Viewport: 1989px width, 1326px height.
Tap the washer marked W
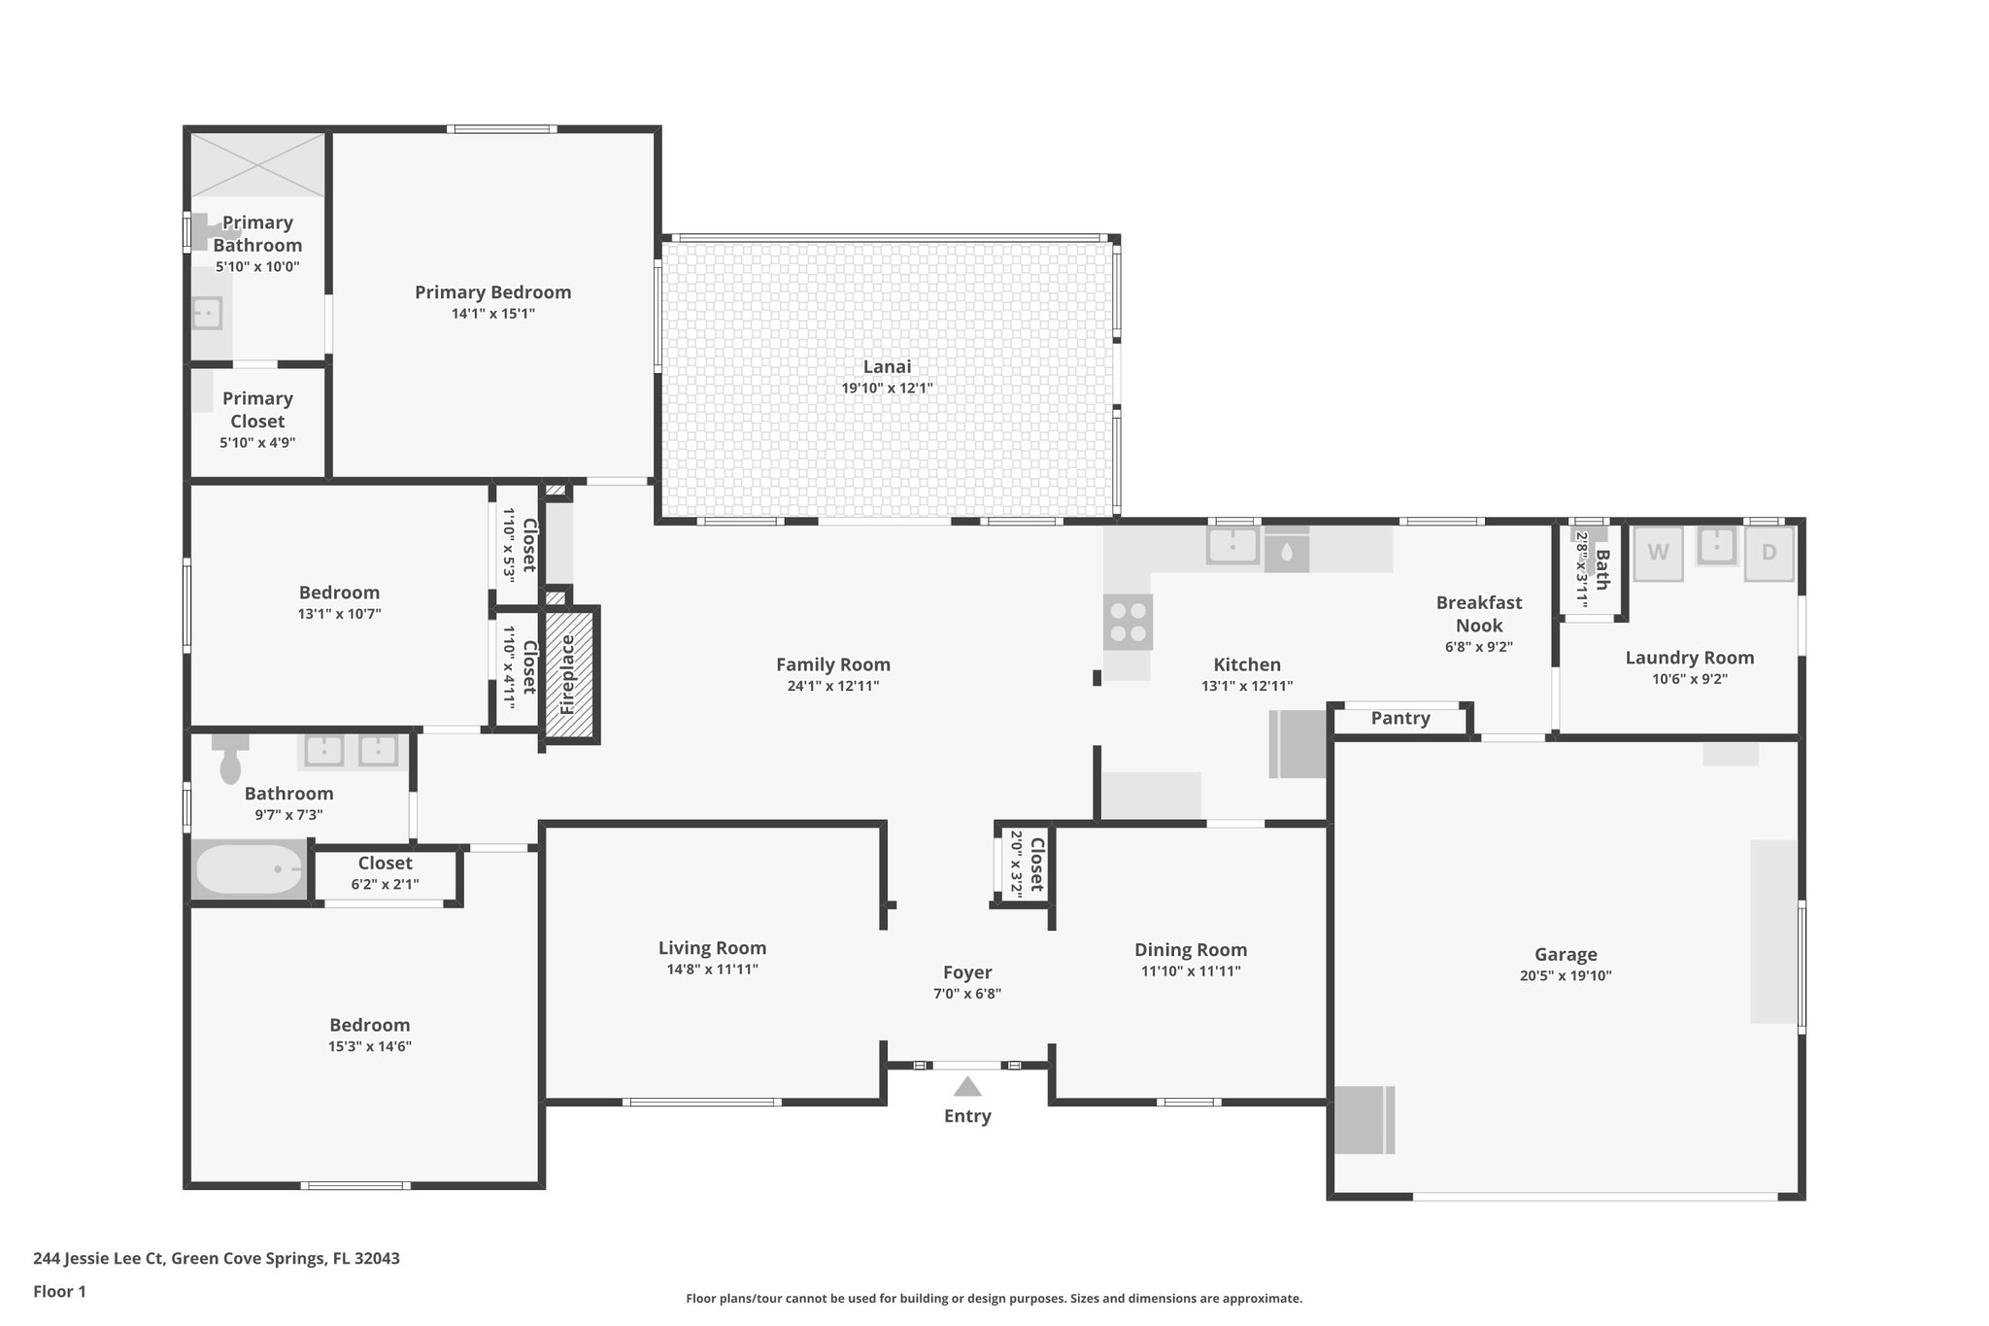click(x=1658, y=553)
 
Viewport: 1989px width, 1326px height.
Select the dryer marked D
click(x=1769, y=553)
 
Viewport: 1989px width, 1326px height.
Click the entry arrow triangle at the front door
click(x=967, y=1086)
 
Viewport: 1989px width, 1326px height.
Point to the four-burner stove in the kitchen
click(x=1128, y=622)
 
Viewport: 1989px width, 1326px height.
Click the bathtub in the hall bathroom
click(x=249, y=868)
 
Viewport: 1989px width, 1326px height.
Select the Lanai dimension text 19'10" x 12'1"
click(x=887, y=389)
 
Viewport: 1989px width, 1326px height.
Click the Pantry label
click(x=1399, y=718)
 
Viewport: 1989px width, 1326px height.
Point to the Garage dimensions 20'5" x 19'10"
click(x=1565, y=976)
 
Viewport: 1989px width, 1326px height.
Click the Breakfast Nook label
click(x=1478, y=614)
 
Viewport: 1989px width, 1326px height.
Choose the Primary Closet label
click(x=257, y=410)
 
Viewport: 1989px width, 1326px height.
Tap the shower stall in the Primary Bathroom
click(x=257, y=165)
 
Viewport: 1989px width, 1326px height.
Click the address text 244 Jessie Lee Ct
click(x=216, y=1258)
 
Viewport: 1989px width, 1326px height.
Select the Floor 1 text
click(x=59, y=1291)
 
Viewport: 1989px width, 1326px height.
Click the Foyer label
click(x=967, y=972)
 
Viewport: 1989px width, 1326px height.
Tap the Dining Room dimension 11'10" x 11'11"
click(x=1190, y=971)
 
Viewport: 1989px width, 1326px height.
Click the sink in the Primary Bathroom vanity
click(x=206, y=313)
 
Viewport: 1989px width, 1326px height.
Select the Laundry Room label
click(x=1689, y=658)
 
